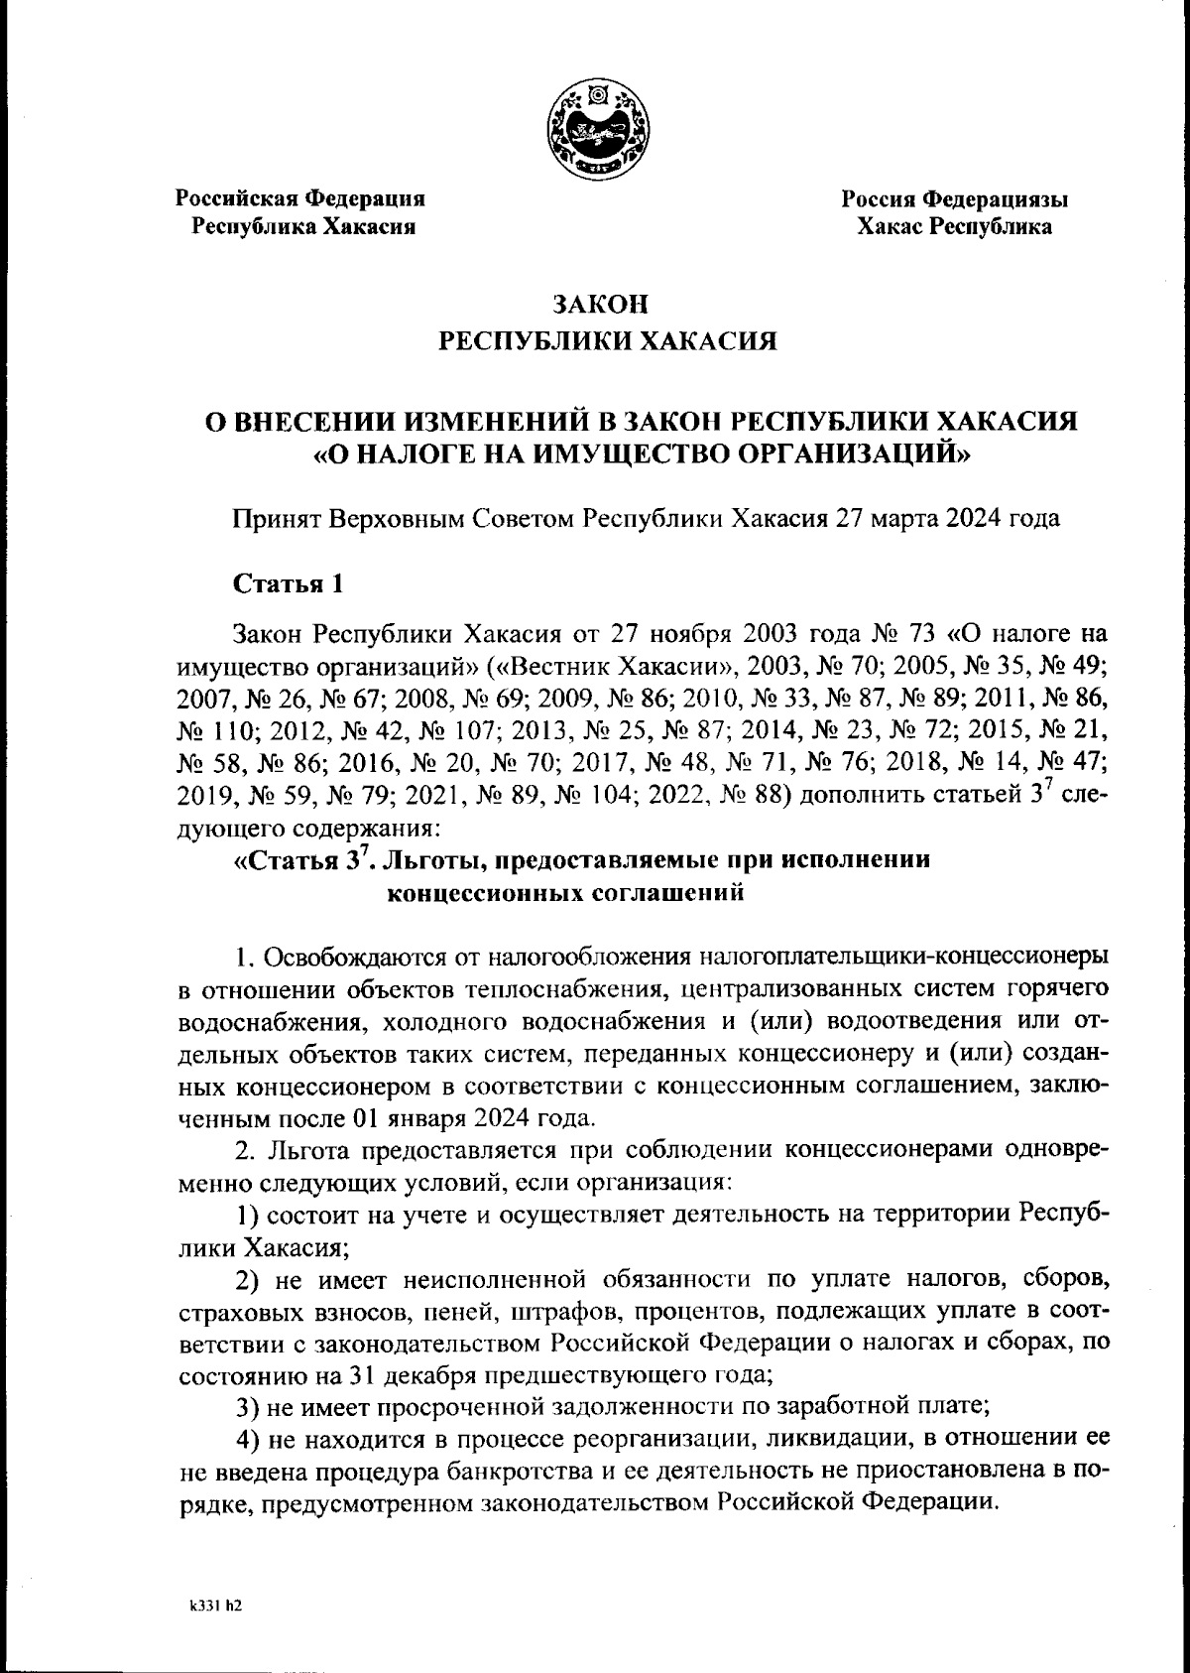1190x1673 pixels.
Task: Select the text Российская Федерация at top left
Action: (x=300, y=198)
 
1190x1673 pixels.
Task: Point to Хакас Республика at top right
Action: (x=954, y=227)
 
